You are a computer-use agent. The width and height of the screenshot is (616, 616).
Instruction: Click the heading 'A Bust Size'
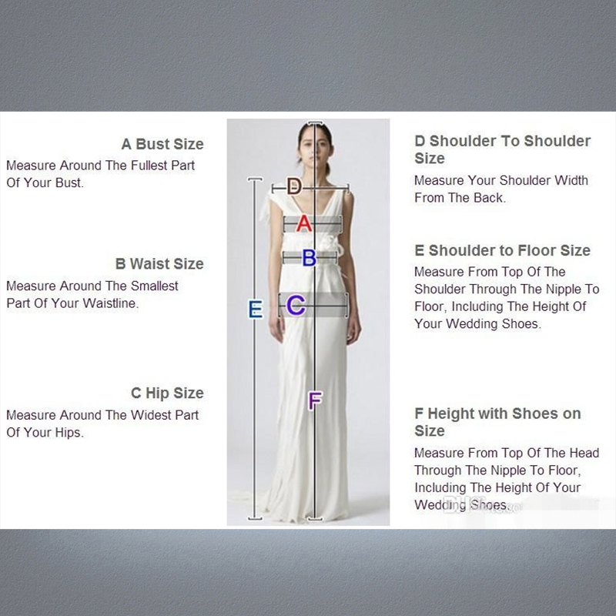[162, 144]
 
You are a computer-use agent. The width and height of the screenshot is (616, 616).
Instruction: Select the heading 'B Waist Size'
[159, 263]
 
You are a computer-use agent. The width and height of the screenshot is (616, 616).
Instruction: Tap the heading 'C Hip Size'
[167, 393]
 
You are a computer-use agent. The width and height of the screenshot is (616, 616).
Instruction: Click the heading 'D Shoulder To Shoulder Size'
[502, 149]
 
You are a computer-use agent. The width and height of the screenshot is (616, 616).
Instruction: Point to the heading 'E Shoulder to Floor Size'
[502, 250]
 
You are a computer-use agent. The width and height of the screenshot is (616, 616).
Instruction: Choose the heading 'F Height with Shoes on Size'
[497, 422]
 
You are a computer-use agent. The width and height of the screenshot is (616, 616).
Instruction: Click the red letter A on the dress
[303, 223]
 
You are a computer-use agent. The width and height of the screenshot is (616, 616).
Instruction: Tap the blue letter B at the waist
[309, 258]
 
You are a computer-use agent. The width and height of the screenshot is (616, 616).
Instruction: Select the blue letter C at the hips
[296, 306]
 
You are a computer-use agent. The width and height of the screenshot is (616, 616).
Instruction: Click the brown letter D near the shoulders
[294, 186]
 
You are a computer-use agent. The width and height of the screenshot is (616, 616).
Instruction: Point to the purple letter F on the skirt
[314, 401]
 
